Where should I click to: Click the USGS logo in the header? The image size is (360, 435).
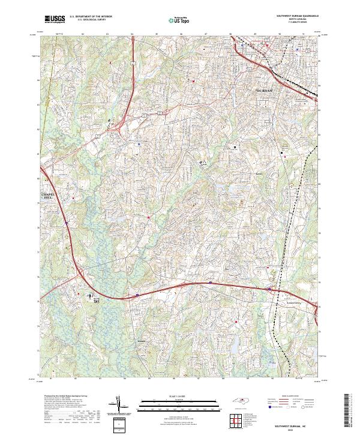pyautogui.click(x=55, y=20)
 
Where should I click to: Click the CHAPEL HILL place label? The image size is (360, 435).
pyautogui.click(x=47, y=197)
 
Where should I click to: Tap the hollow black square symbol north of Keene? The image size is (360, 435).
pyautogui.click(x=235, y=146)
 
